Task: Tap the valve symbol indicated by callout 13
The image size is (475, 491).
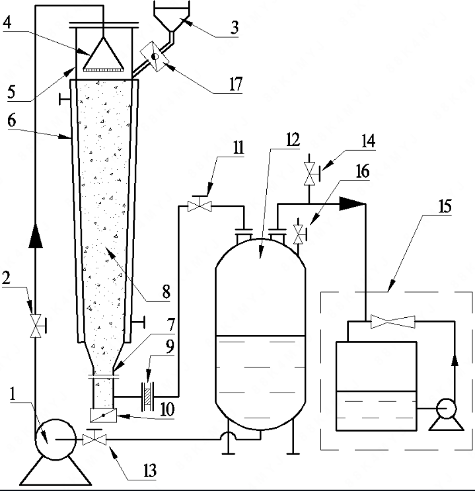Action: pos(94,440)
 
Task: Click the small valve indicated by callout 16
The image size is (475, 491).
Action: pos(299,233)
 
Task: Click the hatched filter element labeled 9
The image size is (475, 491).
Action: pos(147,395)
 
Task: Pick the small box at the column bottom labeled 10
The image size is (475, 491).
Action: pos(102,416)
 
